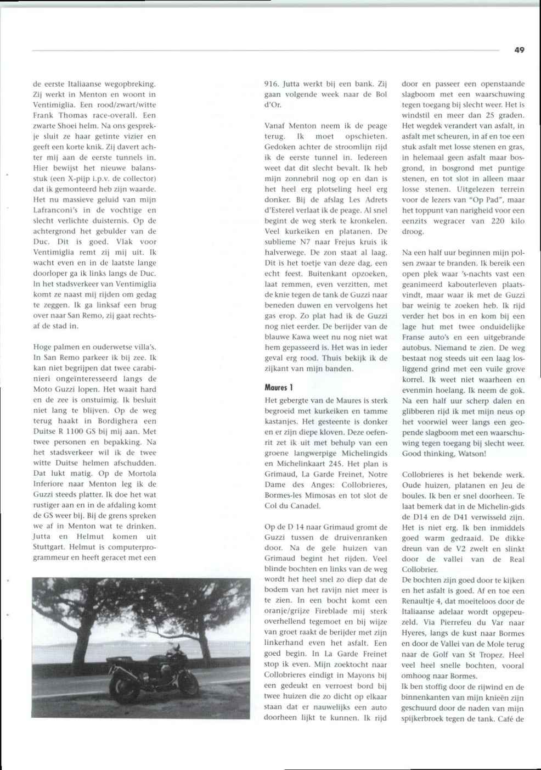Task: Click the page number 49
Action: [x=519, y=50]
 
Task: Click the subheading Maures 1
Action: [x=276, y=387]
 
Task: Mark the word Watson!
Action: [x=469, y=454]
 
